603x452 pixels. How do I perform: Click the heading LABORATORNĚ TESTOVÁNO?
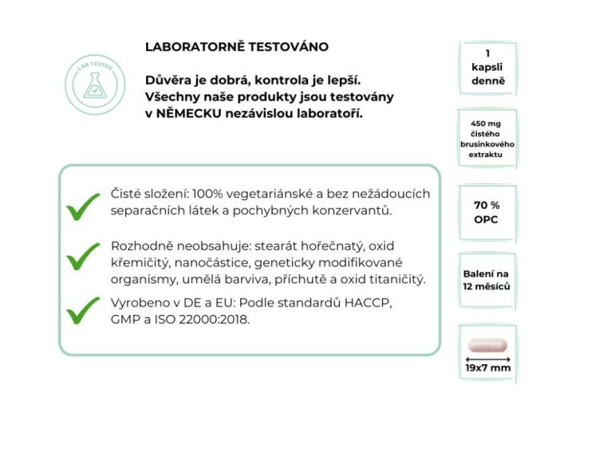coord(236,47)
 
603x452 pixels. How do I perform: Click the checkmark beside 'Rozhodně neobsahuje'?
coord(83,257)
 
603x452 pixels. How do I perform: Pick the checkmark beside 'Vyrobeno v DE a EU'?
coord(83,311)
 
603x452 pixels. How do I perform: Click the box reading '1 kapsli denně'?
coord(487,68)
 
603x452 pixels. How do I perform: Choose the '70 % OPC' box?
coord(487,212)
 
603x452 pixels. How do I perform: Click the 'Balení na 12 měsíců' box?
coord(487,280)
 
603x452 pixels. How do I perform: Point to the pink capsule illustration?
coord(487,345)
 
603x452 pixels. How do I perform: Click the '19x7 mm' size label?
coord(487,369)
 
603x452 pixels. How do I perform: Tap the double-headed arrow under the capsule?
coord(487,359)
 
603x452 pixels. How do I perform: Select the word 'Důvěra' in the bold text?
coord(168,80)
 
